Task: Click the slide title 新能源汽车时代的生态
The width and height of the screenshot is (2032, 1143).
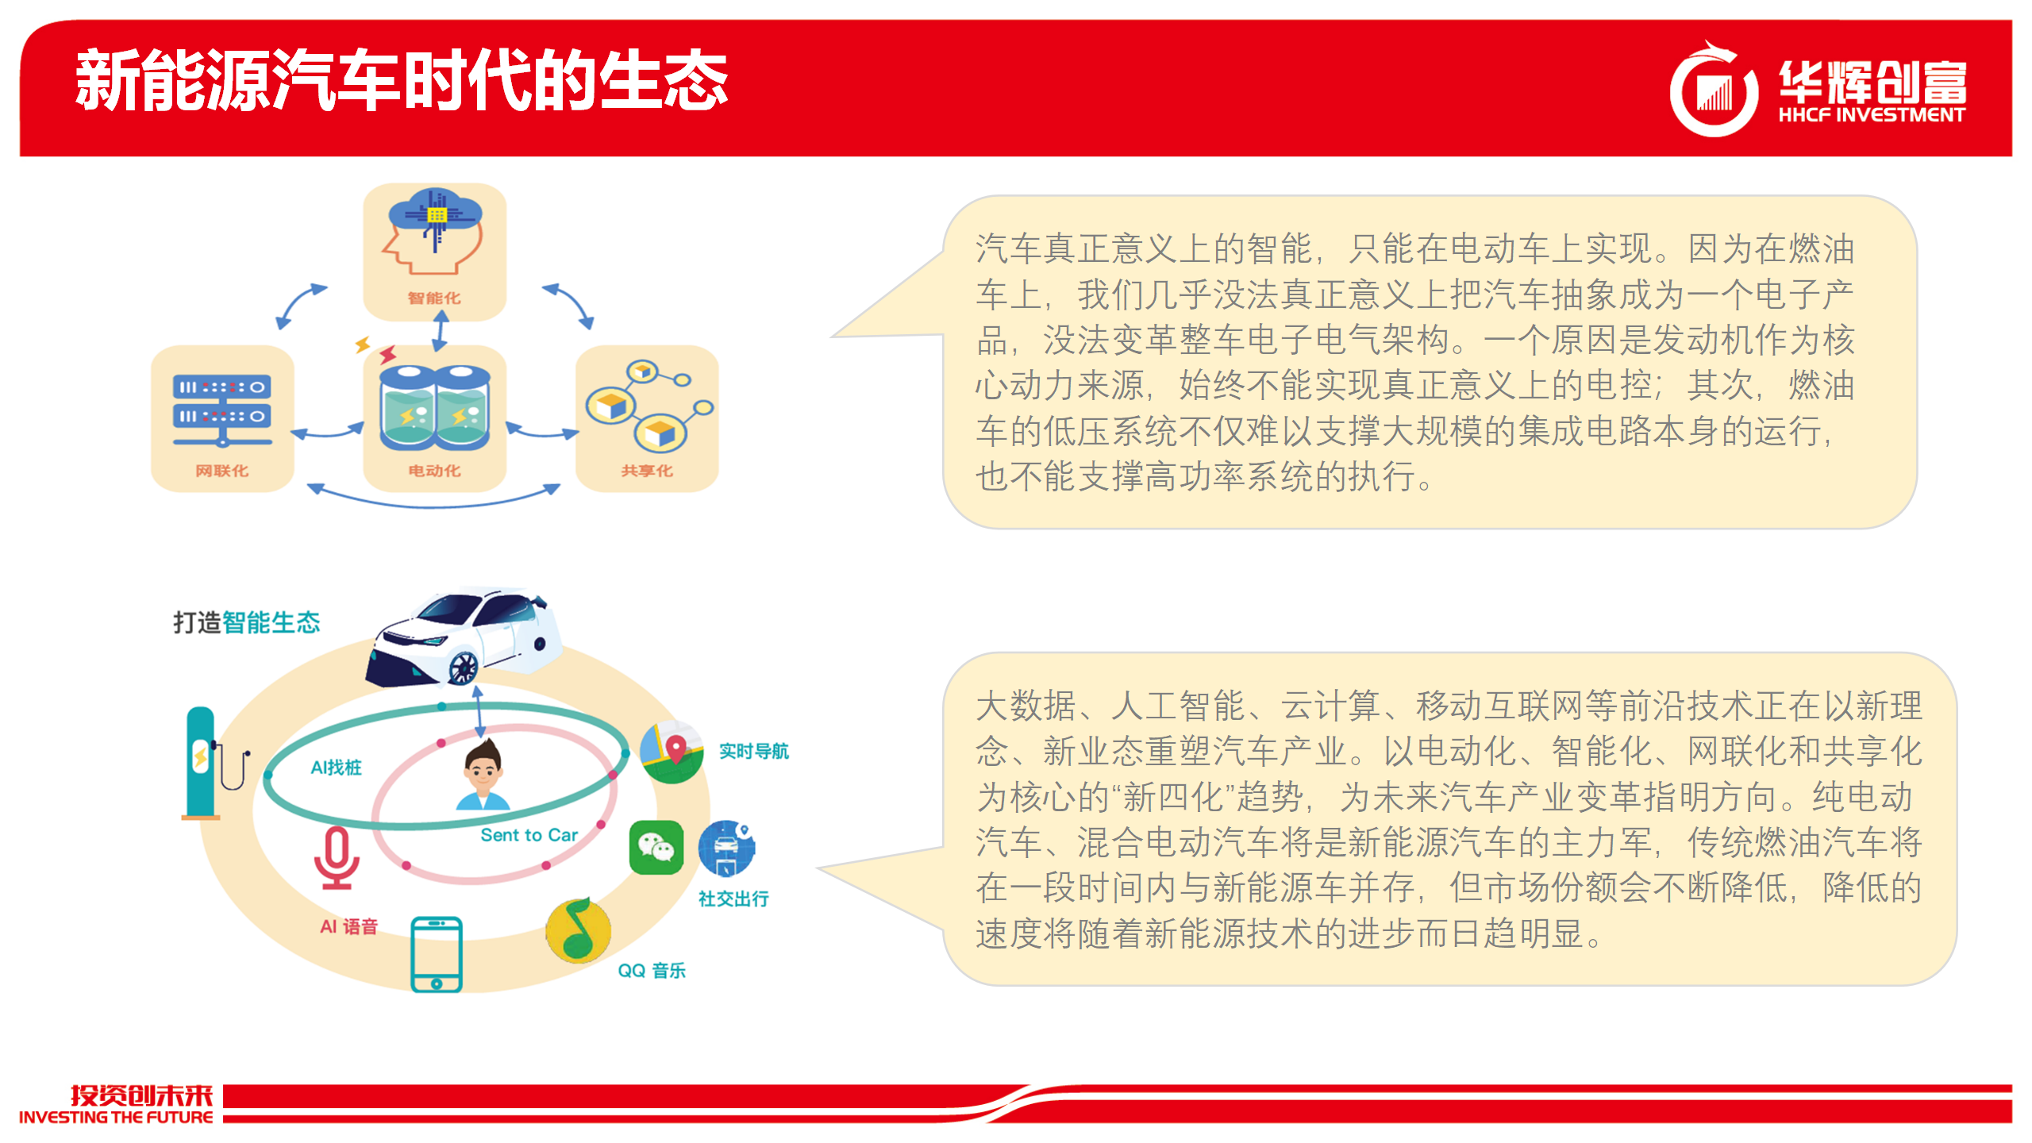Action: pos(402,80)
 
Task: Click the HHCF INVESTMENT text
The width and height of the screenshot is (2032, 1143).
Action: pos(1872,115)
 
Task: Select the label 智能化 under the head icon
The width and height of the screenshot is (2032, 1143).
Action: pos(434,298)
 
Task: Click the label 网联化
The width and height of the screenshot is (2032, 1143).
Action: pos(222,471)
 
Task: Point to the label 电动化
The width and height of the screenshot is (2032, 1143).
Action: pos(434,471)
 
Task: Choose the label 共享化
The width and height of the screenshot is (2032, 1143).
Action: pos(647,471)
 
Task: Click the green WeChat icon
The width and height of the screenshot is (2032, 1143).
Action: pos(656,848)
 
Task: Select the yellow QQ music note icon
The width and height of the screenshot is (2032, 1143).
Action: pos(579,930)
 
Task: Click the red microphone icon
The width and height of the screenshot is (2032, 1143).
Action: pos(337,858)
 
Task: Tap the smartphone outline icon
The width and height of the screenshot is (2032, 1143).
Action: pos(437,954)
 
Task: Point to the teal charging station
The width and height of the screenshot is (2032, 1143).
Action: pos(202,763)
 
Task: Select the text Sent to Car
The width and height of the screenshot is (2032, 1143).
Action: pos(529,835)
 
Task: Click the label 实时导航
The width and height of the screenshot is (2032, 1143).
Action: pos(754,751)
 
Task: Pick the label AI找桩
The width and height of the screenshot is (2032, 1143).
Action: pos(336,767)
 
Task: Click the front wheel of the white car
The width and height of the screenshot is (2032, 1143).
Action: pos(464,667)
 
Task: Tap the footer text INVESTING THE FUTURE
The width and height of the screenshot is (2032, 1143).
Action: pos(116,1117)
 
